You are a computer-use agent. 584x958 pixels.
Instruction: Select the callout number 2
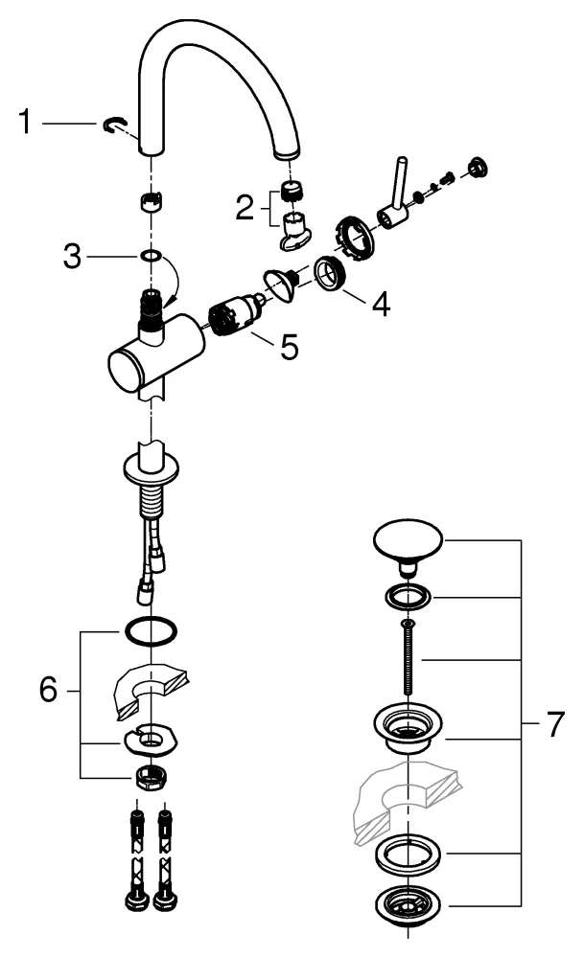tap(246, 205)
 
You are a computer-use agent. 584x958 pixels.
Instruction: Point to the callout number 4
tap(382, 305)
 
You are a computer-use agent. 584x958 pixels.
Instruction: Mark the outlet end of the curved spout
tap(287, 152)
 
